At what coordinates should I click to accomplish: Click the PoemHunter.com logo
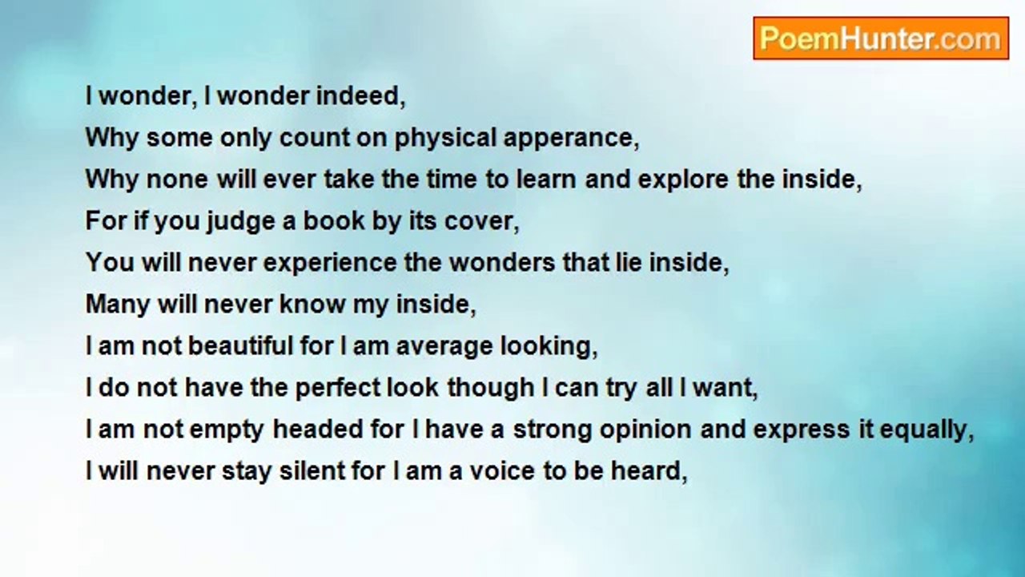pos(881,38)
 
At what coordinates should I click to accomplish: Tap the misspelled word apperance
pos(571,139)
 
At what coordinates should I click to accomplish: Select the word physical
pos(446,139)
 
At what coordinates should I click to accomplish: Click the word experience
pos(330,264)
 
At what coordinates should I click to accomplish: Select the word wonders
pos(502,263)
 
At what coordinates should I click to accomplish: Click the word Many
pos(118,305)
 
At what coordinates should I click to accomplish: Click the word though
pos(491,389)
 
